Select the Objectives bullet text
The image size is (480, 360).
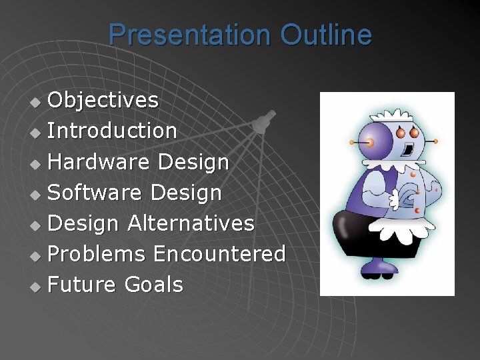(103, 100)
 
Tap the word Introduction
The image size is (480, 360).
(113, 131)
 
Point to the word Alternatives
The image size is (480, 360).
(191, 223)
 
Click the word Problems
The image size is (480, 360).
(97, 254)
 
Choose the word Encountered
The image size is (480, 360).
(219, 254)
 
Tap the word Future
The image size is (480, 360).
(82, 285)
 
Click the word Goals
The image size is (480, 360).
(153, 285)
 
